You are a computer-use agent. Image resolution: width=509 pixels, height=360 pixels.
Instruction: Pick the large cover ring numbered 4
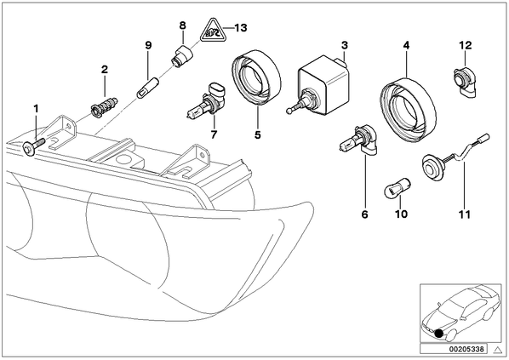coord(408,109)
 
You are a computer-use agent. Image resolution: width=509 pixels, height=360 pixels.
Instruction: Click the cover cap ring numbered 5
coord(256,78)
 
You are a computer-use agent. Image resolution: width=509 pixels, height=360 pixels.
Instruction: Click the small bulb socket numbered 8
coord(181,56)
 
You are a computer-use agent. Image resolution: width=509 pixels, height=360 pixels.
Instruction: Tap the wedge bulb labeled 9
coord(146,88)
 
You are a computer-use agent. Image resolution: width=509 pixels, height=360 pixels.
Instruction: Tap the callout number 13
coord(241,28)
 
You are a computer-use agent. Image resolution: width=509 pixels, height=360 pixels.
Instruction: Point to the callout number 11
coord(465,214)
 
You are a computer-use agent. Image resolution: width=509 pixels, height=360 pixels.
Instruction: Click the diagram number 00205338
coord(468,349)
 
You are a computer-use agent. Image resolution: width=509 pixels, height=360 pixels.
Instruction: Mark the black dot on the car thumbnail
coord(439,334)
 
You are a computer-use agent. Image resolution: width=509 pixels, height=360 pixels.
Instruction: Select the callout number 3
coord(345,45)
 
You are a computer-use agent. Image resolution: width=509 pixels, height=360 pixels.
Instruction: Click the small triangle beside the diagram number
coord(497,349)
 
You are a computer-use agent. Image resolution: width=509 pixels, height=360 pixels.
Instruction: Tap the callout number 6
coord(365,214)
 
